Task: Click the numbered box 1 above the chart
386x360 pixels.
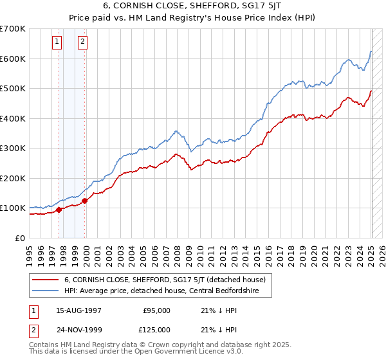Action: [57, 42]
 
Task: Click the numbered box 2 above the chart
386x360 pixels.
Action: [83, 42]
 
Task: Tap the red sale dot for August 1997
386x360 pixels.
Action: [59, 209]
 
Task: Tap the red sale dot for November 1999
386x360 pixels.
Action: [85, 201]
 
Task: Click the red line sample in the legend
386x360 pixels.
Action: [46, 280]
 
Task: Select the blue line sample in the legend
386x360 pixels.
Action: [46, 291]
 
